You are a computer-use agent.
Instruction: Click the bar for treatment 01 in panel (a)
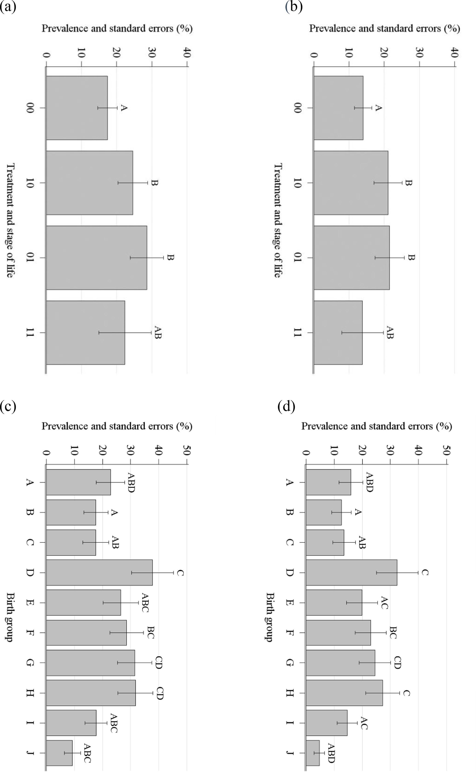96,257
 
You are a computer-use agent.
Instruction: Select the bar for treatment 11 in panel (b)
338,332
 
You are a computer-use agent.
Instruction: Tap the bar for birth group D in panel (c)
99,573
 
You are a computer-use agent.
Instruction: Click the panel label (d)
286,407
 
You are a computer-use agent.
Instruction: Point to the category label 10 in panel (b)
297,183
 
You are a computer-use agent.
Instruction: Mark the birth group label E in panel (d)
289,602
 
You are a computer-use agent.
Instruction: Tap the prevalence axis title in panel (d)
377,426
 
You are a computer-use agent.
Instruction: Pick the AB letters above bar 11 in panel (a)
158,332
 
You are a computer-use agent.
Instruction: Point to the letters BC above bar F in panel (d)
393,632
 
